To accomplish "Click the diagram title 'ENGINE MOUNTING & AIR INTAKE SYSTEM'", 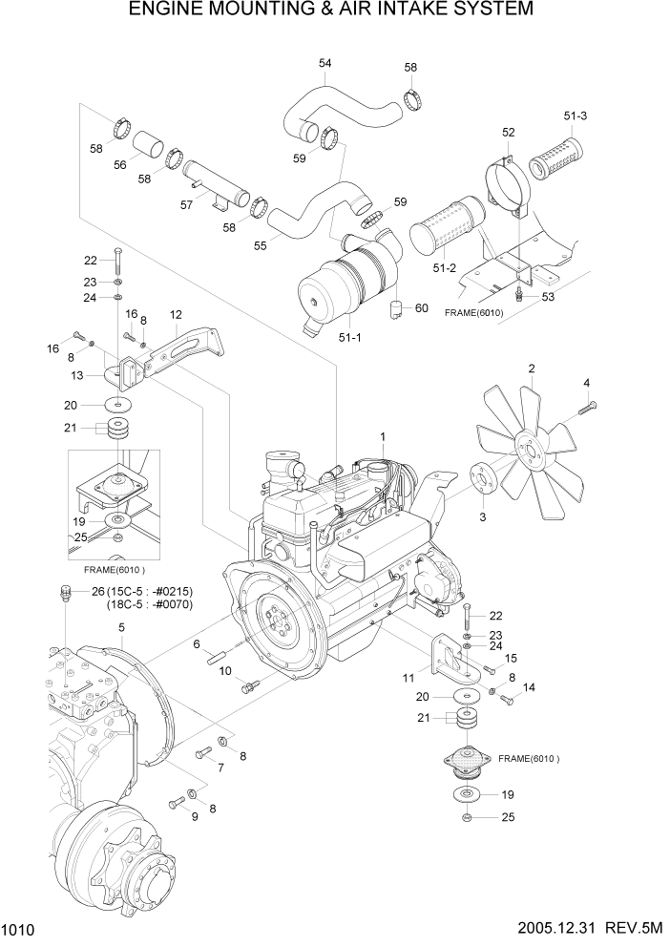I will tap(334, 11).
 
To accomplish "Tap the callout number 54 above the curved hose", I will tap(325, 63).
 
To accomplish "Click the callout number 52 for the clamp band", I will tap(509, 132).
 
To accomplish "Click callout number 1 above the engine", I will tap(382, 436).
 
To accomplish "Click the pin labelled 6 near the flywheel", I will tap(217, 660).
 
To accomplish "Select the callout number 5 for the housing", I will tap(121, 627).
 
